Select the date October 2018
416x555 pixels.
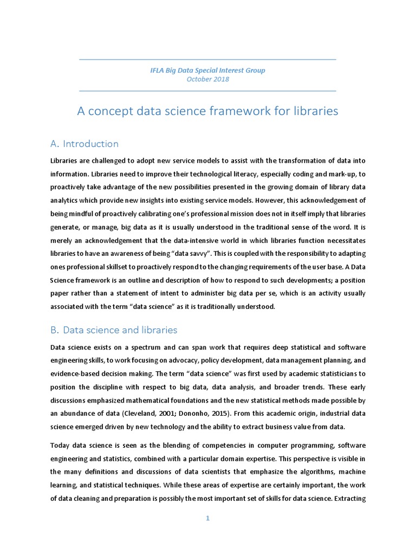tap(207, 79)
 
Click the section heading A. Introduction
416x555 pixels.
tap(84, 144)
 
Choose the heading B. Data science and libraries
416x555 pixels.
tap(113, 330)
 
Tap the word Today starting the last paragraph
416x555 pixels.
tap(60, 445)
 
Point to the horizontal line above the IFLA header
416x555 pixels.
tap(207, 59)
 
